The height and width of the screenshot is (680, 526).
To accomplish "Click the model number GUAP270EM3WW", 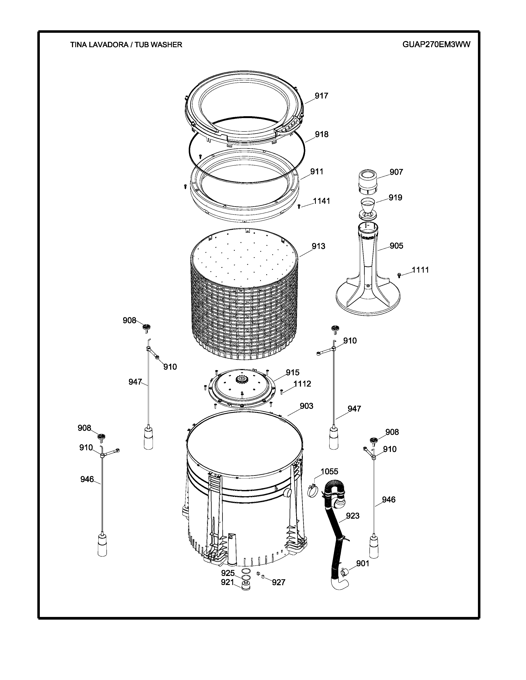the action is pos(436,45).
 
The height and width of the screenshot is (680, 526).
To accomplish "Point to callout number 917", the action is pos(321,96).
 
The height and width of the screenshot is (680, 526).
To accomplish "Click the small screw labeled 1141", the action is pos(299,206).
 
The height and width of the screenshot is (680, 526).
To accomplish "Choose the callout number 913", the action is pos(318,246).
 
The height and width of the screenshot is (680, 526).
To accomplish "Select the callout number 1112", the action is pos(302,384).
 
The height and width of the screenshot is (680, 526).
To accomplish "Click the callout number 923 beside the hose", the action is pos(353,516).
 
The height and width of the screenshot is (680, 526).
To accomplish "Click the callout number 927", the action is pos(279,582).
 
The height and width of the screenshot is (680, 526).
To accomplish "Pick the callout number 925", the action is pos(228,573).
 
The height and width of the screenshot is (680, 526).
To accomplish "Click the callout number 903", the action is pos(307,406).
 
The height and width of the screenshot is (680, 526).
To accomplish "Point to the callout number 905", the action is pos(396,246).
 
